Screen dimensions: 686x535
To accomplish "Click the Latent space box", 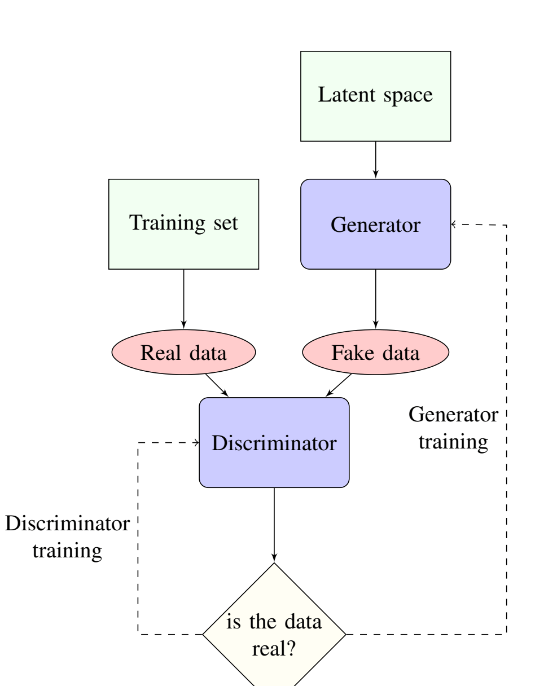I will (x=375, y=96).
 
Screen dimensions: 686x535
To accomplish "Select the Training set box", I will (x=183, y=224).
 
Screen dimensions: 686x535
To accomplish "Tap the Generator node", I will (x=375, y=224).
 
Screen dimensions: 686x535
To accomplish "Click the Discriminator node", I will (x=274, y=443).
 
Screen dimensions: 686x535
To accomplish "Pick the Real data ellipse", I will (x=183, y=353).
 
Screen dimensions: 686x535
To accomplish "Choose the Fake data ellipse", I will (x=375, y=353).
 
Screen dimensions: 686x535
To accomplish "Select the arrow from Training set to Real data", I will (x=183, y=299).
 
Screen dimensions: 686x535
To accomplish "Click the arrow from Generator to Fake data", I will (x=375, y=299).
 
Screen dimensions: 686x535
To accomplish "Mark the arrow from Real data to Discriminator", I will (x=217, y=385).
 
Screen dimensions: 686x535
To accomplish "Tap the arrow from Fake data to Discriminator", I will (x=339, y=385).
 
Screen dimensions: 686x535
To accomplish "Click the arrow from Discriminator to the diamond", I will (x=274, y=525).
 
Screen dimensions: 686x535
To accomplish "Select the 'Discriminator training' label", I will (x=67, y=536).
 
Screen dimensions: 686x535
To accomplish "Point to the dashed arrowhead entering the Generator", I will (x=454, y=225).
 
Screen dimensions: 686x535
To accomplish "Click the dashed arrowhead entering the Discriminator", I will (x=196, y=443).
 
